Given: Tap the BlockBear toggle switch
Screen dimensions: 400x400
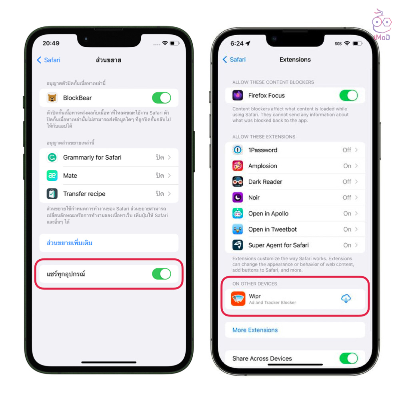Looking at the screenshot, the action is tap(162, 98).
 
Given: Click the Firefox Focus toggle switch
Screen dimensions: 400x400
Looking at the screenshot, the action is tap(348, 96).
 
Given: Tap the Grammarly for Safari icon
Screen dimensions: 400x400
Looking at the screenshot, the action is tap(52, 157).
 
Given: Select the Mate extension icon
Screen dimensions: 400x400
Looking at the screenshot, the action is tap(52, 176).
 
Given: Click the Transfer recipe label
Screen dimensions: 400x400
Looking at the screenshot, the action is tap(84, 194).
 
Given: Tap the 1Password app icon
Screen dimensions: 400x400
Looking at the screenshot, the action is tap(238, 150).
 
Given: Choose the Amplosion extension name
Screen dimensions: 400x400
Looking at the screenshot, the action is tap(262, 166).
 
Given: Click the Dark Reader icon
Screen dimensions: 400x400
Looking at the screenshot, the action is tap(238, 182).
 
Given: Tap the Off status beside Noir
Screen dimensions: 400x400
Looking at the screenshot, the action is tap(347, 198).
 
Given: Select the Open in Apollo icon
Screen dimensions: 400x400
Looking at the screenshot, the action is tap(238, 213).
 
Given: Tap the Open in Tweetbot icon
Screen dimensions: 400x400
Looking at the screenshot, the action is tap(238, 229).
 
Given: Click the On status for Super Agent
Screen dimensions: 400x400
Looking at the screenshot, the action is tap(347, 245).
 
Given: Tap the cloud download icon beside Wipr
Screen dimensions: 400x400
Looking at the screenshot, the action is tap(346, 298).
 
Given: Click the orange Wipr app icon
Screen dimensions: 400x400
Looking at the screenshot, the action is tap(238, 298).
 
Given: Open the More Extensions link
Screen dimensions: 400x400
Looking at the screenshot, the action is tap(255, 330).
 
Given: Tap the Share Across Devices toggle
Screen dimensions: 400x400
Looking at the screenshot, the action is tap(348, 358).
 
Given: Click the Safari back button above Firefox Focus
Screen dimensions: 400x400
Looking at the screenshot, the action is tap(234, 60).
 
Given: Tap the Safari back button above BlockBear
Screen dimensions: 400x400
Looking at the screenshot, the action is tap(49, 60).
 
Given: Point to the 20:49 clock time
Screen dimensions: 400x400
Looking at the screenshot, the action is tap(51, 43).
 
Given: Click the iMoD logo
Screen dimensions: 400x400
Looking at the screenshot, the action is tap(382, 25).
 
